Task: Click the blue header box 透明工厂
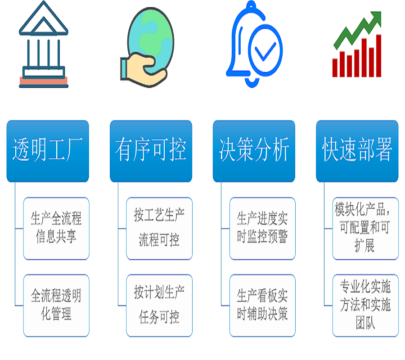(48, 151)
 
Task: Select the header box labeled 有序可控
(151, 151)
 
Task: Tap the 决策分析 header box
(254, 151)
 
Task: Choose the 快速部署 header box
(357, 151)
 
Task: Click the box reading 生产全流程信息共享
(56, 228)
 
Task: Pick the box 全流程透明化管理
(56, 305)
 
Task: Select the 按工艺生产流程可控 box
(159, 228)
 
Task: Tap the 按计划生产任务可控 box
(159, 305)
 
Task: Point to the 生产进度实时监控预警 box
(262, 228)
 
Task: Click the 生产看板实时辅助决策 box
(262, 305)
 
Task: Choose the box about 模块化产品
(365, 228)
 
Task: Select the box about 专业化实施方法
(365, 305)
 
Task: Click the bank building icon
(44, 45)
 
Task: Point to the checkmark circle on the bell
(266, 50)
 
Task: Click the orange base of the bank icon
(44, 82)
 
